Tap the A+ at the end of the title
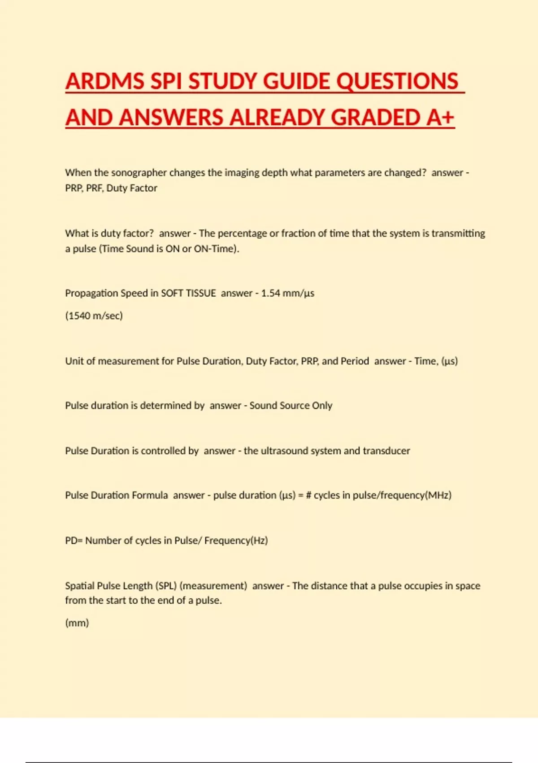coord(440,118)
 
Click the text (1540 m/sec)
coord(94,316)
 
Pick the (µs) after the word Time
coord(449,361)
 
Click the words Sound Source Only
coord(291,406)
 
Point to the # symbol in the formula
coord(308,496)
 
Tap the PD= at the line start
coord(74,540)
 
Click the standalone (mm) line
coord(77,623)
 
